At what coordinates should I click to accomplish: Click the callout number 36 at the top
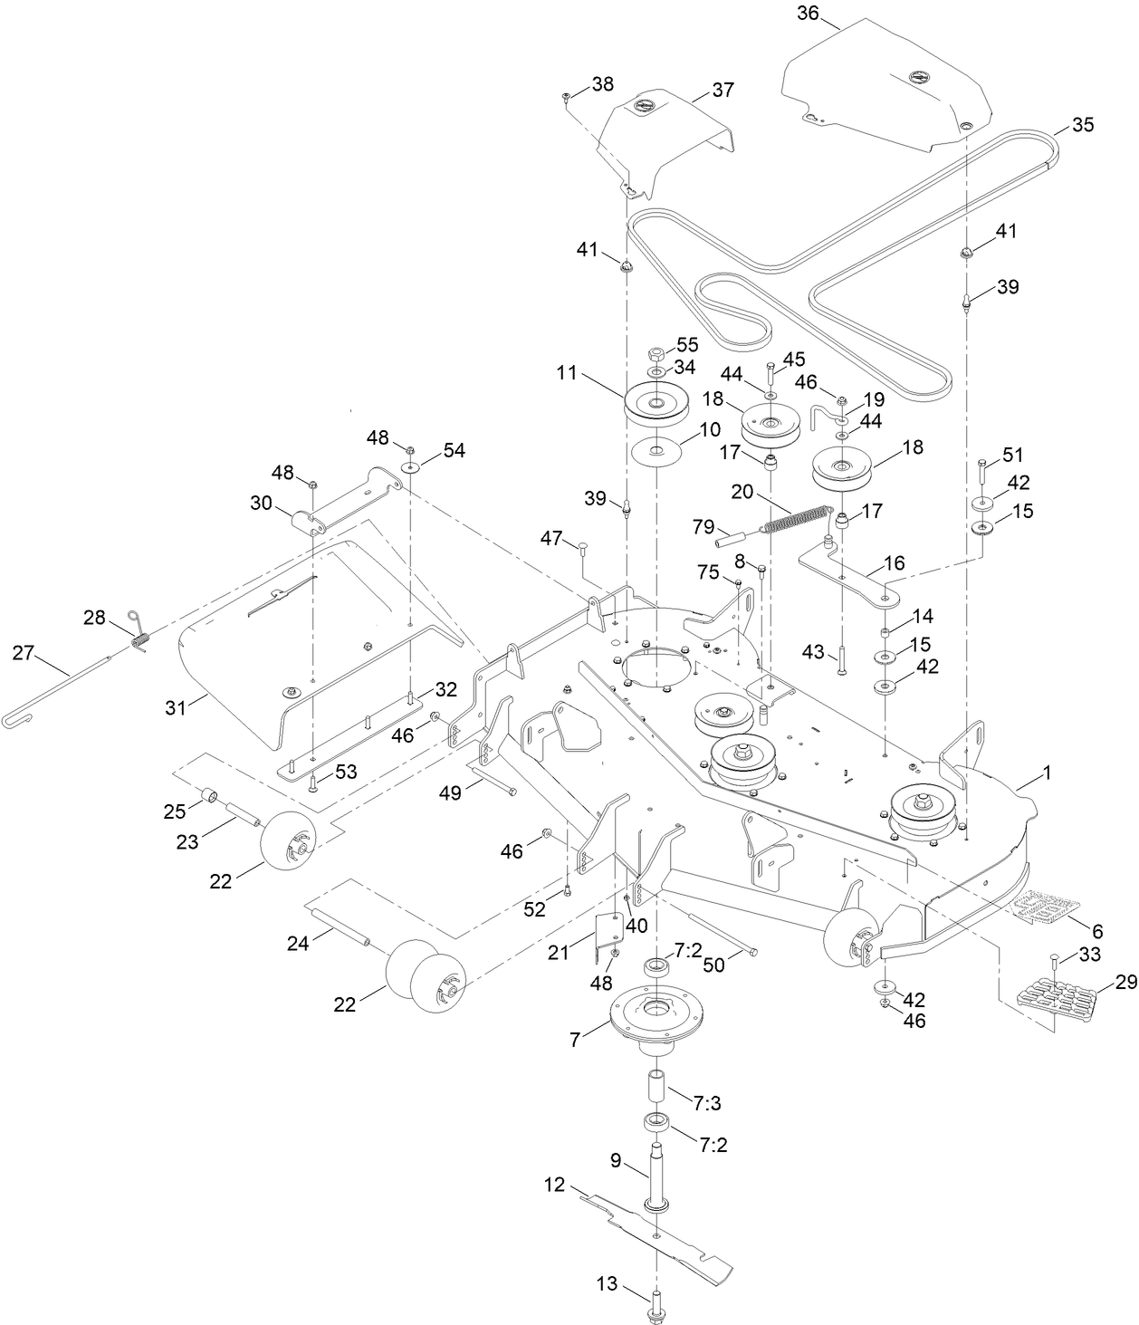point(808,13)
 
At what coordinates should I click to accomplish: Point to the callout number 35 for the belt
point(1082,125)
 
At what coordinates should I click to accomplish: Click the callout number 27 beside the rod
point(24,651)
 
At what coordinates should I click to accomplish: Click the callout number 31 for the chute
point(175,706)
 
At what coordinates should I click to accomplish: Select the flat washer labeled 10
point(656,450)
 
